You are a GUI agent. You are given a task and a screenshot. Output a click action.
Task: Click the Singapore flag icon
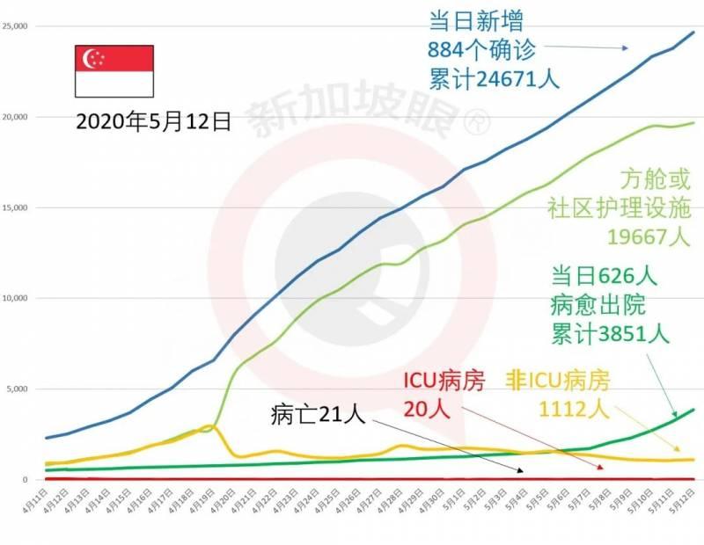(x=114, y=71)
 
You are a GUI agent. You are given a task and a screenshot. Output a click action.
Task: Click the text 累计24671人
(x=494, y=78)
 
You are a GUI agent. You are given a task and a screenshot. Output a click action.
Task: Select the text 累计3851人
(x=611, y=333)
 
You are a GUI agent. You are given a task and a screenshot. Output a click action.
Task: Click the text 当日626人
(x=605, y=275)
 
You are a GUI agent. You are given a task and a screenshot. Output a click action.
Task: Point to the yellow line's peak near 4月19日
(x=208, y=426)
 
